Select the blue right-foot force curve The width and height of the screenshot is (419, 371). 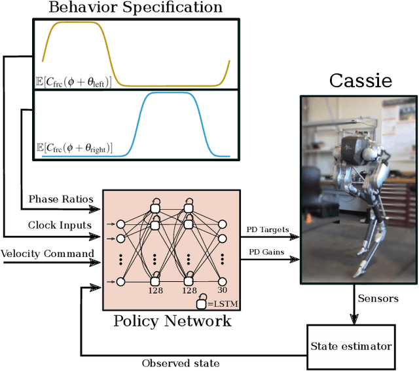tap(170, 94)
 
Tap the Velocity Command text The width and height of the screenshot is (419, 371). tap(46, 253)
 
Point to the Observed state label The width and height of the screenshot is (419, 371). tap(180, 362)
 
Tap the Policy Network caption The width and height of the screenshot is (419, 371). tap(172, 321)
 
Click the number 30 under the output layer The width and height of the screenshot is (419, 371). tap(222, 290)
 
